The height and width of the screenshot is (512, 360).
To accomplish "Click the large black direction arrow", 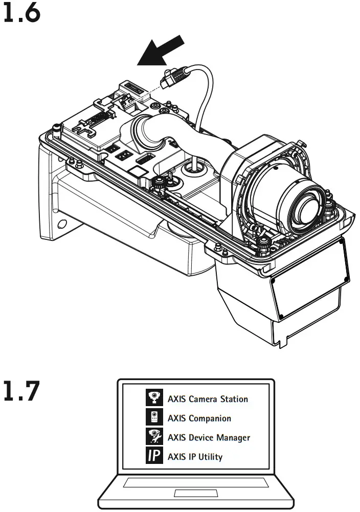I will (x=162, y=50).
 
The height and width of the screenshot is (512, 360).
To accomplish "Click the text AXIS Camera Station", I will (x=208, y=399).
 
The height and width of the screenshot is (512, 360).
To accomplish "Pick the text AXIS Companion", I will (x=199, y=418).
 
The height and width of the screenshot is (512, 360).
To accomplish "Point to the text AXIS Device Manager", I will (x=209, y=437).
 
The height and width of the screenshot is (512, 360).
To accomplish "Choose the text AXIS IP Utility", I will (x=195, y=457).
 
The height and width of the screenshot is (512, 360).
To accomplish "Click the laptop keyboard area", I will (x=195, y=482).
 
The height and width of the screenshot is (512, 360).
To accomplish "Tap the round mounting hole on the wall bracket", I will (x=61, y=224).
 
